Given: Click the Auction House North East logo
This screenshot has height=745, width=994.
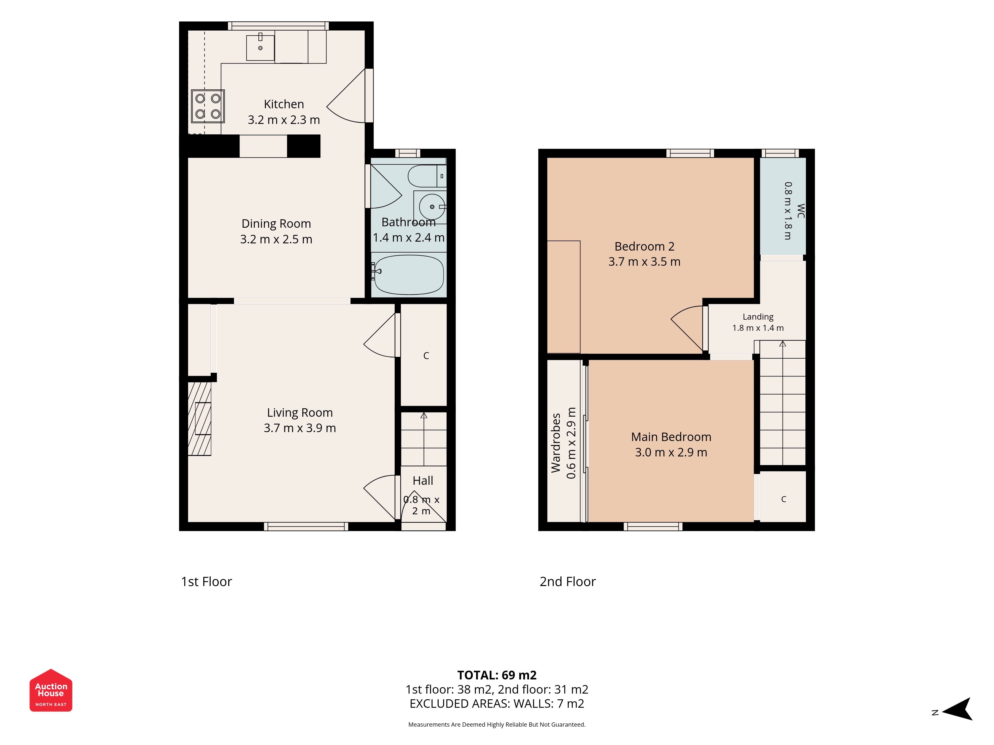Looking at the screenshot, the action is (51, 690).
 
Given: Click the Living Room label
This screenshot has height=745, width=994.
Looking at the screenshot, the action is (300, 412).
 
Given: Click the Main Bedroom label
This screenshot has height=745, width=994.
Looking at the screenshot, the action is (671, 437).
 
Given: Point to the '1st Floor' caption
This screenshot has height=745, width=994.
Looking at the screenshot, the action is (206, 582).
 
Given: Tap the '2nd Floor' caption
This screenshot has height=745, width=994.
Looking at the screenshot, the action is (568, 582).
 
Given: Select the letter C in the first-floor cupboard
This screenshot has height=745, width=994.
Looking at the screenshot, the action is (426, 356).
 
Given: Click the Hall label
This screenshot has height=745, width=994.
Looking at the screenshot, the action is (423, 481).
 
